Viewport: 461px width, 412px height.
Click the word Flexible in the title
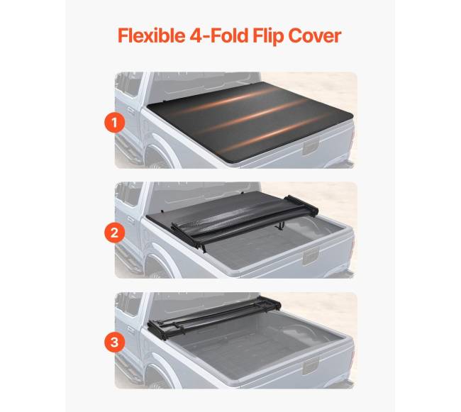(151, 35)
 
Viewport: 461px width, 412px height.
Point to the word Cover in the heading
(315, 36)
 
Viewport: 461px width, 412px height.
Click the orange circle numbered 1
(115, 123)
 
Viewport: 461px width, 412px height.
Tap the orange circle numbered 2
(115, 233)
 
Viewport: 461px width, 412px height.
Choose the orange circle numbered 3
(115, 342)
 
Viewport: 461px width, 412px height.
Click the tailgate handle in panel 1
(311, 147)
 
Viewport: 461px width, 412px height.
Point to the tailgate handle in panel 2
(311, 257)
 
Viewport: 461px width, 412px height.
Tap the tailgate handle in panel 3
(311, 367)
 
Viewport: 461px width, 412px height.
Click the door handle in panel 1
(130, 111)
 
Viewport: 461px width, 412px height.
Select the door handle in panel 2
(130, 221)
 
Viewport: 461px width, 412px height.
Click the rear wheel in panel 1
(157, 160)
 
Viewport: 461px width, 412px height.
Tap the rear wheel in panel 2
(157, 269)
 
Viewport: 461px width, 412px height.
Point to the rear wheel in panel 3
(157, 379)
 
